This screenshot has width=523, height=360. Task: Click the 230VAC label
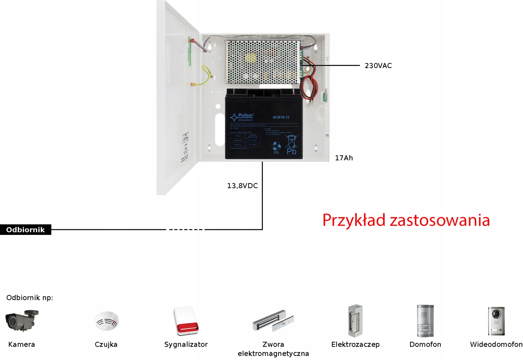pyautogui.click(x=378, y=66)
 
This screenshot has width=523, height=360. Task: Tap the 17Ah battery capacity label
pyautogui.click(x=344, y=158)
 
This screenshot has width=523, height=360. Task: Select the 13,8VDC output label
pyautogui.click(x=242, y=186)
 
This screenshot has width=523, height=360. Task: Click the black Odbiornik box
pyautogui.click(x=25, y=230)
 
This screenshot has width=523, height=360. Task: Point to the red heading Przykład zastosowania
pyautogui.click(x=406, y=220)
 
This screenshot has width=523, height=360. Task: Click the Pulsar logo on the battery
pyautogui.click(x=242, y=117)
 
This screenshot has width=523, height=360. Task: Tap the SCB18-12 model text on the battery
pyautogui.click(x=281, y=117)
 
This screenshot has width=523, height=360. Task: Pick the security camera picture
pyautogui.click(x=22, y=320)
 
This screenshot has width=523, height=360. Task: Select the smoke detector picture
pyautogui.click(x=106, y=321)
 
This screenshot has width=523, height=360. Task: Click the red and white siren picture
pyautogui.click(x=186, y=321)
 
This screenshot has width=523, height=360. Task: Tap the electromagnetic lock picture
pyautogui.click(x=273, y=320)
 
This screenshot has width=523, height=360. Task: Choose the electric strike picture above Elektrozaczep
pyautogui.click(x=355, y=321)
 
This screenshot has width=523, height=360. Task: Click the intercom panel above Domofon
pyautogui.click(x=425, y=321)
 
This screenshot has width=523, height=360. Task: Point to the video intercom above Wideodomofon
pyautogui.click(x=496, y=321)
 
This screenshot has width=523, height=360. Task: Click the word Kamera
pyautogui.click(x=22, y=344)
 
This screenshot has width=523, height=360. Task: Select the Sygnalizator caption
pyautogui.click(x=186, y=344)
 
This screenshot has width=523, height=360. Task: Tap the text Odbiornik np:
pyautogui.click(x=30, y=298)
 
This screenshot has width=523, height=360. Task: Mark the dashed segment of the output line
pyautogui.click(x=186, y=230)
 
